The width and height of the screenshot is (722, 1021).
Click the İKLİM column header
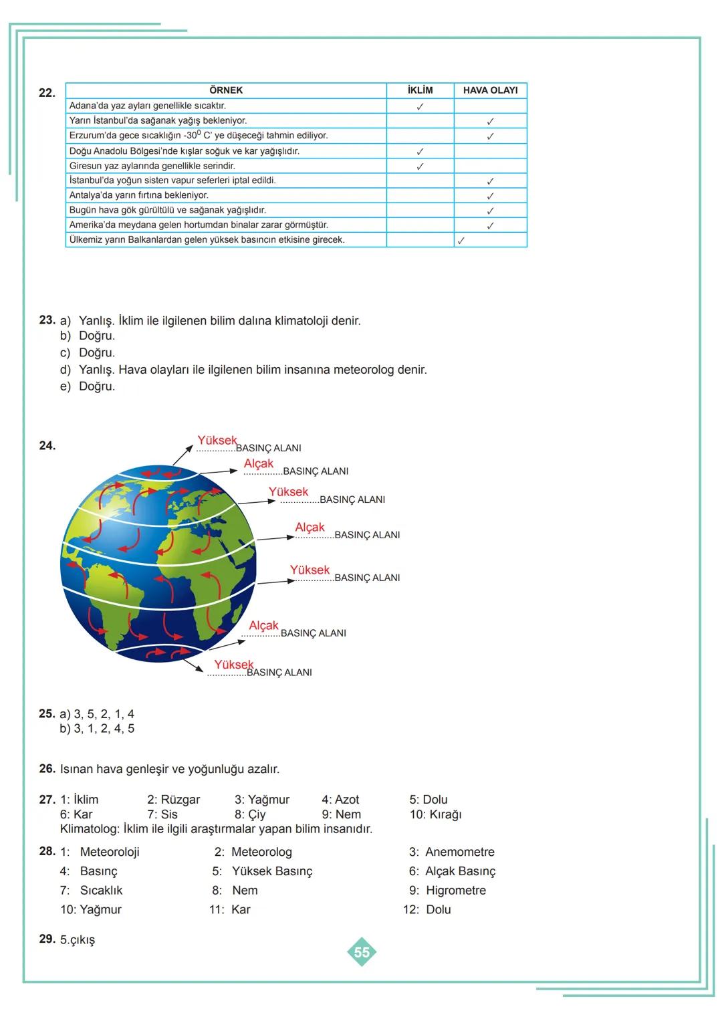click(420, 90)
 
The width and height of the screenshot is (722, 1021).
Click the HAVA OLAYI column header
click(490, 90)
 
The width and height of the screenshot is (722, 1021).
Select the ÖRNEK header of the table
click(226, 90)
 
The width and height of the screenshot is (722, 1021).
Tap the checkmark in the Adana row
click(420, 106)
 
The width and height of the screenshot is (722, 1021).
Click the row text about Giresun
click(152, 166)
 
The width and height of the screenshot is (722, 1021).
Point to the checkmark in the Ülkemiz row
click(461, 241)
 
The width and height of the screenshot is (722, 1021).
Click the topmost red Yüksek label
click(217, 441)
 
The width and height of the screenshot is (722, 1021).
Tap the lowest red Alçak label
click(263, 626)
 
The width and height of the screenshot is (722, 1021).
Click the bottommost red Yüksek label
click(234, 665)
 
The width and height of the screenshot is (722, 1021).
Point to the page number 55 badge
click(362, 952)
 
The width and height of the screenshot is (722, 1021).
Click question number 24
click(47, 445)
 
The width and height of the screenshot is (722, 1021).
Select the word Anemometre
click(460, 853)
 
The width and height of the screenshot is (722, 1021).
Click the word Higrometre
click(456, 891)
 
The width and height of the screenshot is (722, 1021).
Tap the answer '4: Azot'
click(340, 800)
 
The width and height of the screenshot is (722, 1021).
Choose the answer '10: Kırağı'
click(435, 814)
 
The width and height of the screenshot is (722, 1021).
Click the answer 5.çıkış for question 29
click(78, 940)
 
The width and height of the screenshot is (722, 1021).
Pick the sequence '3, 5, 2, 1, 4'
click(104, 714)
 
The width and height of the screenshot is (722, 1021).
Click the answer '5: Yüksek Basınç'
click(262, 871)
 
